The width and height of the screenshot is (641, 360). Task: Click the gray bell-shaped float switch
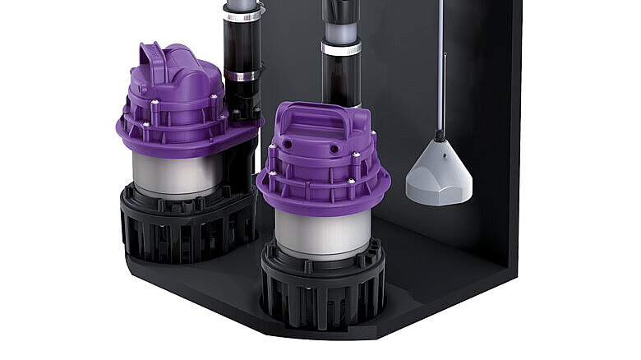[439, 174]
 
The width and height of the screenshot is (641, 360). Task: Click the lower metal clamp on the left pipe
[242, 76]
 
